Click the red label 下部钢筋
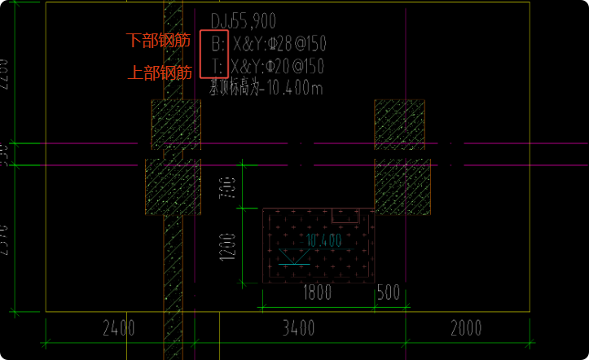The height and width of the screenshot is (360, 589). (158, 41)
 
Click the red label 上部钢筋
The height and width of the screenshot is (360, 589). (158, 72)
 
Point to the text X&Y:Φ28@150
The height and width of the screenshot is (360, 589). (278, 42)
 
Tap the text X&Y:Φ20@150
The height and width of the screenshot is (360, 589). (278, 66)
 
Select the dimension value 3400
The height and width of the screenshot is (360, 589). (298, 329)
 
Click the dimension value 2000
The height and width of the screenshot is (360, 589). (465, 329)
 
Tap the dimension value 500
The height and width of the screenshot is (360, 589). (389, 292)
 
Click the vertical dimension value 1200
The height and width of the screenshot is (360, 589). (227, 247)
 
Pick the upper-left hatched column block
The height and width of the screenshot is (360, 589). (176, 125)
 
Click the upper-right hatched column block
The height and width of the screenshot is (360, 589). (399, 124)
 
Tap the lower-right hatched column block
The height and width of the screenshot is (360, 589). (402, 187)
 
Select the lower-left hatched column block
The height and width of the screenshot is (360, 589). (173, 187)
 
